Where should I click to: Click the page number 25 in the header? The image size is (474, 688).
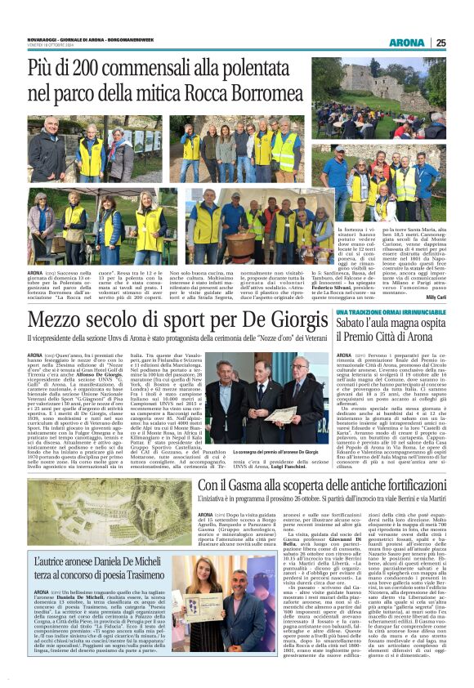tap(440, 42)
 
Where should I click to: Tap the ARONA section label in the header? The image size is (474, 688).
tap(406, 42)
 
